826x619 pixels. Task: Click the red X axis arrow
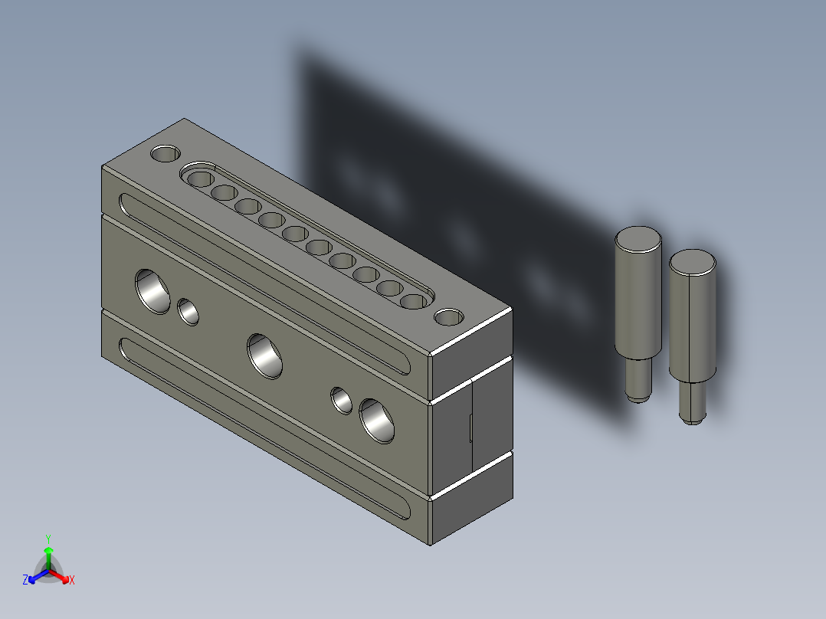coord(60,576)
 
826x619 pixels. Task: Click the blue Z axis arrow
coord(38,576)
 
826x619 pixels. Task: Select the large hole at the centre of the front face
coord(264,356)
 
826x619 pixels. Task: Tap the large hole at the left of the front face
coord(152,292)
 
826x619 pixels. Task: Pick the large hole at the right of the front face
coord(377,421)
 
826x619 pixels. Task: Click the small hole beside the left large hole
coord(188,312)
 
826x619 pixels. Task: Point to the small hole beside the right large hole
coord(342,401)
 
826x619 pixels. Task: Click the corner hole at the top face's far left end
coord(166,153)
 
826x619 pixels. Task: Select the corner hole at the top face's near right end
coord(449,317)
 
